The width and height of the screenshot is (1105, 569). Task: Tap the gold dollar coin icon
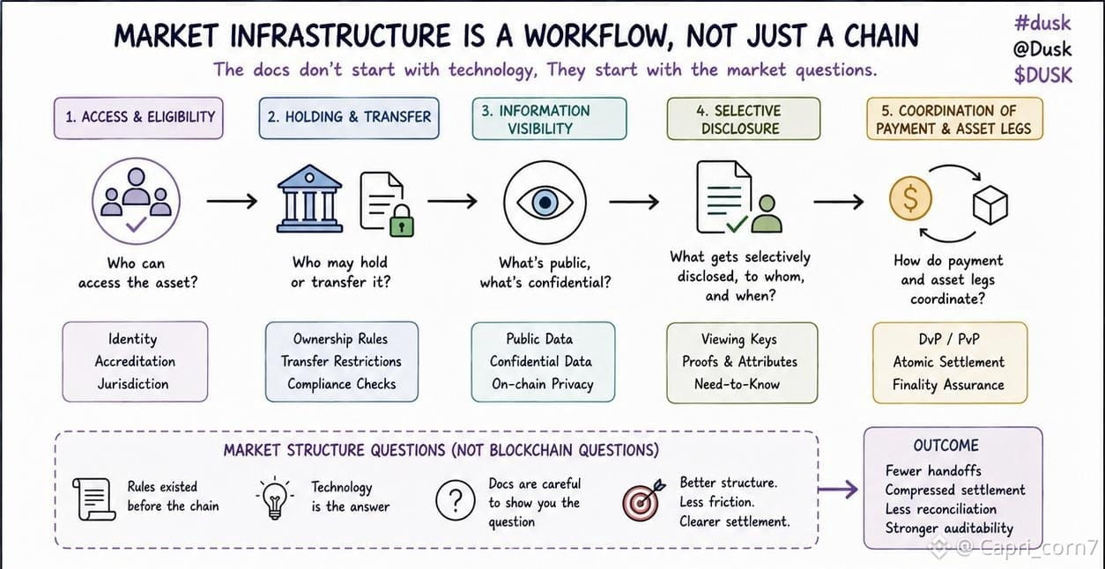coord(910,198)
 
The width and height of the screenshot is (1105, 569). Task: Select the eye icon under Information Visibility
coord(545,203)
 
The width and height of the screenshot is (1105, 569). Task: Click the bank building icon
coord(309,198)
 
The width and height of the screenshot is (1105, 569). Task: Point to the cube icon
coord(990,204)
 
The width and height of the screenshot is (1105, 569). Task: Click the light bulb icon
coord(275,499)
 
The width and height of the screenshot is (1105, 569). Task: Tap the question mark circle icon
coord(456,500)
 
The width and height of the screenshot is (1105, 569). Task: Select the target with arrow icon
coord(642,500)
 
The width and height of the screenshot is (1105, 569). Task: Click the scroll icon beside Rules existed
coord(93,499)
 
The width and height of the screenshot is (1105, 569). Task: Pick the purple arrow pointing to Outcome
coord(838,490)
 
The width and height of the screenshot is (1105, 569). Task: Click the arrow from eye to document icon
coord(634,202)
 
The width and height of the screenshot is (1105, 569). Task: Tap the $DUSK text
coord(1042,76)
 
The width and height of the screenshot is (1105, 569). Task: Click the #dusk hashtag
coord(1042,23)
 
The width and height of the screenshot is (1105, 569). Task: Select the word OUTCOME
coord(946,446)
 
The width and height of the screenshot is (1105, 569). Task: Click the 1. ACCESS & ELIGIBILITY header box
coord(138,118)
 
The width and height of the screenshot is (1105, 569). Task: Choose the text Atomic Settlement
coord(949,362)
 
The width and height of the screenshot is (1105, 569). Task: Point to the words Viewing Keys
coord(739,340)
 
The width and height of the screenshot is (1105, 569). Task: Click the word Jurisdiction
coord(133,384)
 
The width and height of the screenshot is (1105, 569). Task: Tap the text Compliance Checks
coord(341,384)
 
